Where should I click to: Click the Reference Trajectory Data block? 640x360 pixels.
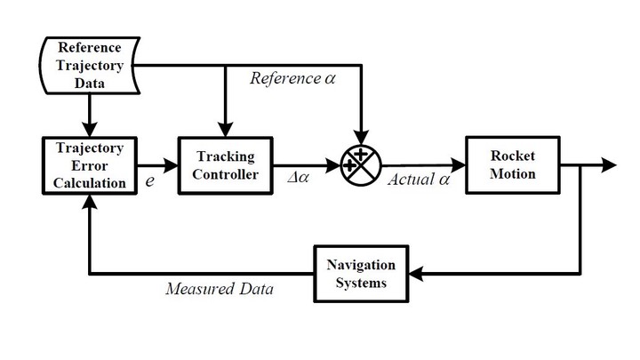[90, 65]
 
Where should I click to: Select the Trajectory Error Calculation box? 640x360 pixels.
[90, 165]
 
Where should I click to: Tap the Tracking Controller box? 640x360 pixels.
[225, 165]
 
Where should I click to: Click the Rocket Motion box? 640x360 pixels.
[513, 165]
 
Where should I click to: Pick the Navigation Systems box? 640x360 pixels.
[361, 274]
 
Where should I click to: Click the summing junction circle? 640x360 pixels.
[361, 165]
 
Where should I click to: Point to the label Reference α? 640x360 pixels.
[292, 78]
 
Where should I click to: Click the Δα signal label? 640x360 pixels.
[299, 178]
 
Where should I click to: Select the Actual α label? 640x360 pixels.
[419, 180]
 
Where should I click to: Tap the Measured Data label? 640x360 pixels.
[220, 289]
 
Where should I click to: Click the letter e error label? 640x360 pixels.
[150, 180]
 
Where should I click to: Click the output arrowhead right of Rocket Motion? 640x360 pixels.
[609, 165]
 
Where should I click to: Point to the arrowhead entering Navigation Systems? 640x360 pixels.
[416, 274]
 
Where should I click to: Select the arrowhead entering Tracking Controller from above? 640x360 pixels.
[225, 130]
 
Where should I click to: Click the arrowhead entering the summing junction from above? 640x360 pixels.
[361, 138]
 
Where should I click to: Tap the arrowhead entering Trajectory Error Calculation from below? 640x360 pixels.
[90, 202]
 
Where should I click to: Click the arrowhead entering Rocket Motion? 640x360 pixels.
[458, 165]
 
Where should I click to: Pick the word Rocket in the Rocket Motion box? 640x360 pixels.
[513, 156]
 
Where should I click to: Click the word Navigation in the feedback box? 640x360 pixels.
[361, 265]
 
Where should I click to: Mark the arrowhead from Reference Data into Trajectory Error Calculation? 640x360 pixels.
[90, 130]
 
